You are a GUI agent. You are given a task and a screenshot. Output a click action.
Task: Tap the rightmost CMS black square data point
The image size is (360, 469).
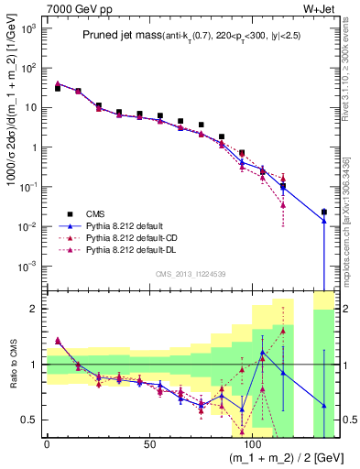tap(324, 212)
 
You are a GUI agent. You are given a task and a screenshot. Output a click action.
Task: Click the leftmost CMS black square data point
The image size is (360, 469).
tap(57, 88)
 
